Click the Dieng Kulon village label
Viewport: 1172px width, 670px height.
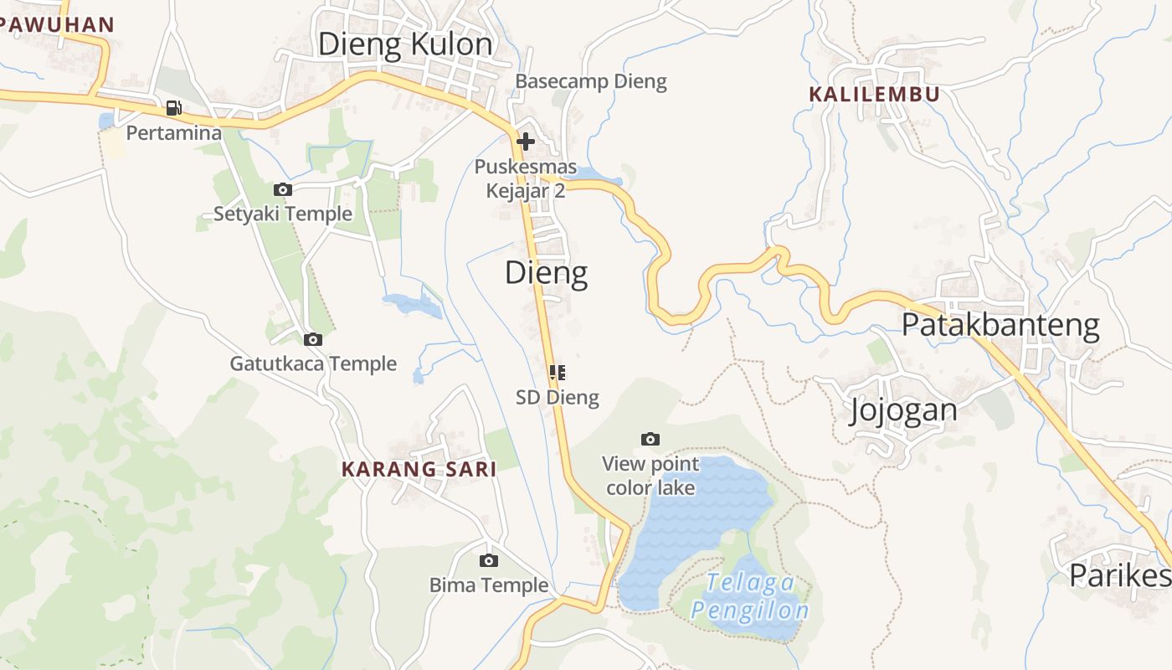(x=405, y=44)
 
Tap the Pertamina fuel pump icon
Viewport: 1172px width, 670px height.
(x=174, y=108)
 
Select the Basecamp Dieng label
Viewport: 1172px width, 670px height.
(x=591, y=81)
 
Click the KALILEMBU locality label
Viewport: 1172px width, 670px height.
(x=874, y=94)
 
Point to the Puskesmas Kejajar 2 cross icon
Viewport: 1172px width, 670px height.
(x=526, y=142)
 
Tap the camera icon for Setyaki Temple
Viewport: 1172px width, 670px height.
(x=283, y=190)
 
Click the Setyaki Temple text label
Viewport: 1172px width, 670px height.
(x=283, y=214)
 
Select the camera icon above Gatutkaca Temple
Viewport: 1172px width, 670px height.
(x=313, y=339)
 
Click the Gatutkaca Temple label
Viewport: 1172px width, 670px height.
(x=313, y=363)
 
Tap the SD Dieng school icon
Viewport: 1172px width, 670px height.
(x=558, y=372)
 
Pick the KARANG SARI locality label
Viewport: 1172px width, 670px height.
(x=419, y=469)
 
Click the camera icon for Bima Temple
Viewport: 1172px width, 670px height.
(x=489, y=560)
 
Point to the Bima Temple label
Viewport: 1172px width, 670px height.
(x=489, y=585)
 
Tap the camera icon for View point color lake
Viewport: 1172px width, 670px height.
(x=650, y=439)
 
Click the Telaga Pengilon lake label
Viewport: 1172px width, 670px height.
(x=750, y=596)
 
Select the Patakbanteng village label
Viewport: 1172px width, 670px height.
(x=1000, y=325)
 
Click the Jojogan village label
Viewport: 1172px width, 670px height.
(x=903, y=410)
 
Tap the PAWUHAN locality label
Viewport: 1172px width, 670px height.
(x=57, y=24)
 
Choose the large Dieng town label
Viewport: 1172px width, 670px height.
(x=546, y=273)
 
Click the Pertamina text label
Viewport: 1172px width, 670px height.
(x=174, y=132)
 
